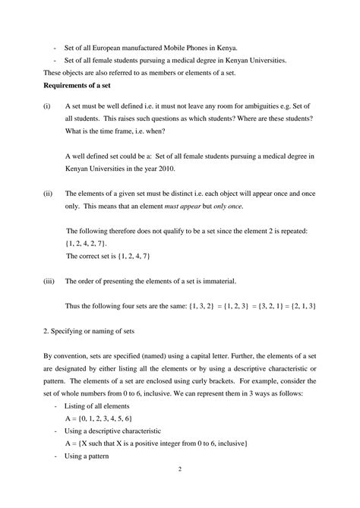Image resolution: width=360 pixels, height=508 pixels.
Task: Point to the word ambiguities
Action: coord(261,108)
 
